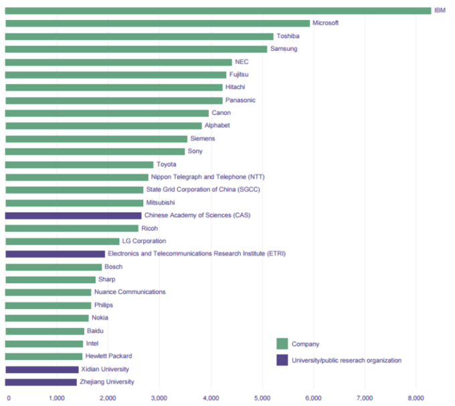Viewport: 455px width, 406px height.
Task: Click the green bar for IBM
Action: (x=218, y=11)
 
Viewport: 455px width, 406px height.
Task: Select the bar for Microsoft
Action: (x=157, y=23)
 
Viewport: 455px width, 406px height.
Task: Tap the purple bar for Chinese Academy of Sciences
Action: (x=73, y=215)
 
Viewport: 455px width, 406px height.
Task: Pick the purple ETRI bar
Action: (x=55, y=254)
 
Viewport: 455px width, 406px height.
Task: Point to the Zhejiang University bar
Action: (x=41, y=382)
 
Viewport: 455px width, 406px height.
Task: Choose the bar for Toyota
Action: (x=79, y=165)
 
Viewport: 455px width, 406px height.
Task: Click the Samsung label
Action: (x=284, y=49)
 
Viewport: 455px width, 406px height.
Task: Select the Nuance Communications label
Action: (x=130, y=292)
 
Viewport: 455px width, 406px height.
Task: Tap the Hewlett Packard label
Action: (x=108, y=356)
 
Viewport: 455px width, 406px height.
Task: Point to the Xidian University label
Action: (x=105, y=369)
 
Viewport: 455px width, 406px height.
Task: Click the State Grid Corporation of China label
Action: (x=203, y=190)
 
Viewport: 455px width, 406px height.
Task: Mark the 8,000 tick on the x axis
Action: (x=416, y=398)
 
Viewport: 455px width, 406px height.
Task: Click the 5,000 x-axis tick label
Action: (x=262, y=398)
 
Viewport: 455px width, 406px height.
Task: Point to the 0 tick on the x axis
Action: (x=8, y=398)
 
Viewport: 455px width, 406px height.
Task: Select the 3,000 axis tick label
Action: (x=159, y=398)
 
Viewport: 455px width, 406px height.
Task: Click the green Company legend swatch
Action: (x=282, y=344)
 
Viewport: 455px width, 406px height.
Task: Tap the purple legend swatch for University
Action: (x=282, y=360)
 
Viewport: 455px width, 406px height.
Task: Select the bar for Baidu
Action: (x=44, y=331)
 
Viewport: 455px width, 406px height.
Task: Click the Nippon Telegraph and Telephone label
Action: (x=207, y=177)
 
